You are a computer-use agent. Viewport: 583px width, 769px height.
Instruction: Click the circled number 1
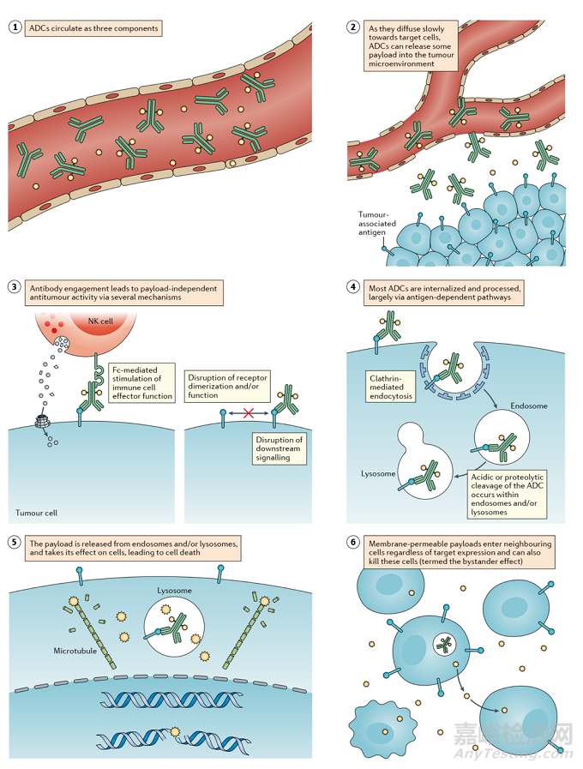click(x=13, y=28)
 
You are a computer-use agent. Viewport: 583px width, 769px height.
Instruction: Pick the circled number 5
click(x=13, y=543)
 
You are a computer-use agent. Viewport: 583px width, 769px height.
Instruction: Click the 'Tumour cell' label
click(x=36, y=513)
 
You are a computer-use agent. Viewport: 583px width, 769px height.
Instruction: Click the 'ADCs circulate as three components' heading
click(x=93, y=28)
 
